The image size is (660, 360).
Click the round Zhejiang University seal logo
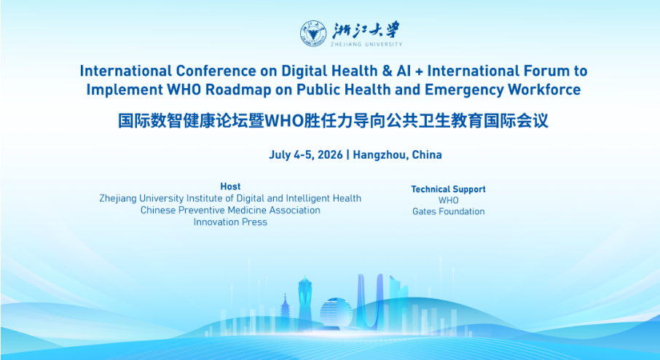(313, 34)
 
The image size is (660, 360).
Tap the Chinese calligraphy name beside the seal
(366, 31)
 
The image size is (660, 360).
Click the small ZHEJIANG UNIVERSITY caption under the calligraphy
(366, 44)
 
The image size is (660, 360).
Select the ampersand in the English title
(388, 71)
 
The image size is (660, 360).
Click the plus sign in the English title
(419, 71)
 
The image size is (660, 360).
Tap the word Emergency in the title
(464, 90)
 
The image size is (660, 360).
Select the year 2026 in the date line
(330, 154)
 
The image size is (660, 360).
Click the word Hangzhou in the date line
(380, 155)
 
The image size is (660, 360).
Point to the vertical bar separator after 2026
(347, 154)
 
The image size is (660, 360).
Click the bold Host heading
(230, 186)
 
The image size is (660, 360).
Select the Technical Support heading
(448, 189)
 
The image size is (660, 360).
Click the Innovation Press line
(230, 222)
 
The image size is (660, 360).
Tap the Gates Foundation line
(448, 211)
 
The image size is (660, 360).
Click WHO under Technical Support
(448, 200)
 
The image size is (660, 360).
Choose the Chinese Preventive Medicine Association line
(230, 210)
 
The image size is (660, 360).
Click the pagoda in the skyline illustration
(285, 313)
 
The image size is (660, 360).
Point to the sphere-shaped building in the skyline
(336, 313)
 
